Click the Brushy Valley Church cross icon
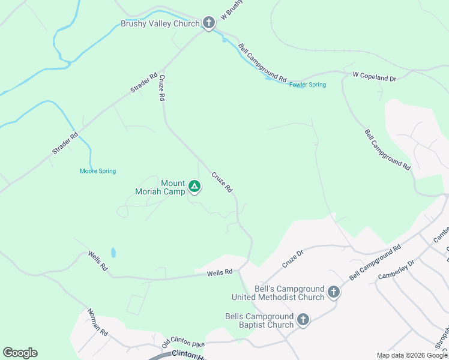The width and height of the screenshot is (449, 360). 208,23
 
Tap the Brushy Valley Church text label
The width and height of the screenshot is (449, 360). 160,24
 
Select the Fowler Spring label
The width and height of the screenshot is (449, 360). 307,85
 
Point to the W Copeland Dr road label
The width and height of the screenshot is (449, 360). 375,77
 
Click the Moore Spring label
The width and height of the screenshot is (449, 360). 98,171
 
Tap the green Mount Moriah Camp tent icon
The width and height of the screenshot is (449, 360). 194,187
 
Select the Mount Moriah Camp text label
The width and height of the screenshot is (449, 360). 160,187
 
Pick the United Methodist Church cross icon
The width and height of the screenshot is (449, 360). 333,292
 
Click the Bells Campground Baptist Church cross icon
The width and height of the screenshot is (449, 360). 303,320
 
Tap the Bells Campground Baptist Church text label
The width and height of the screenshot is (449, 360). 259,320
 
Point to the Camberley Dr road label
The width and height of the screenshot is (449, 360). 396,269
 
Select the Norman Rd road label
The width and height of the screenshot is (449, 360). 97,322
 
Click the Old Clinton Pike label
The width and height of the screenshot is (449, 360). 183,341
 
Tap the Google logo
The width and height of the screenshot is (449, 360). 20,353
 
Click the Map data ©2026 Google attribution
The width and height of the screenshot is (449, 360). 411,355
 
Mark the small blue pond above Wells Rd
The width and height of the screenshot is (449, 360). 113,253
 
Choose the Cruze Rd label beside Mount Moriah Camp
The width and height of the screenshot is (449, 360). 221,182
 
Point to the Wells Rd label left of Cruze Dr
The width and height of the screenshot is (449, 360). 220,273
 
